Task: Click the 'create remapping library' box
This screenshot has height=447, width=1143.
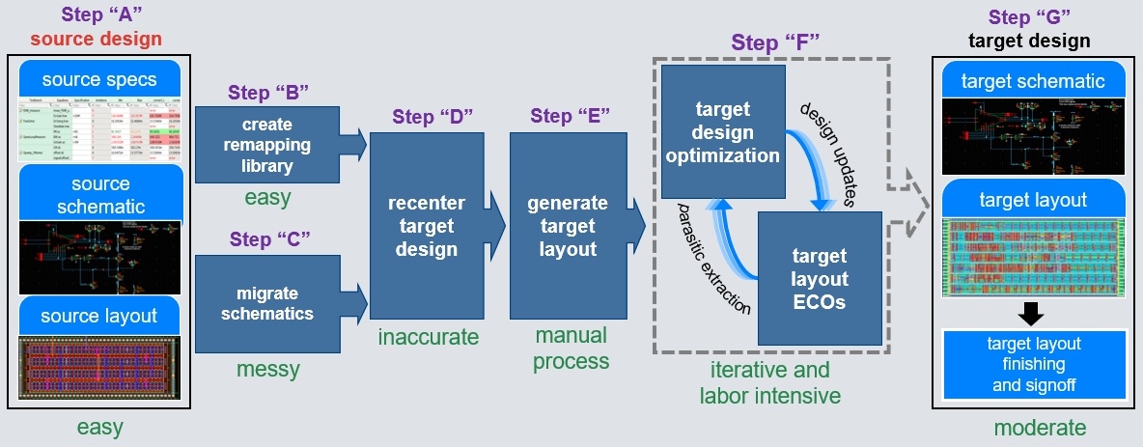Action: [x=267, y=144]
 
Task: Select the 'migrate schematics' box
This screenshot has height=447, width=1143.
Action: [x=267, y=302]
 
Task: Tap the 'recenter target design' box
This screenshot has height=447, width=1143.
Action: [x=426, y=226]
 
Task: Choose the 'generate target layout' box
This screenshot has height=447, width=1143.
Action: [x=567, y=226]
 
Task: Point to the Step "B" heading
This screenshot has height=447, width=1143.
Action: [x=267, y=93]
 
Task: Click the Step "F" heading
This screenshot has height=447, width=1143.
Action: [x=770, y=42]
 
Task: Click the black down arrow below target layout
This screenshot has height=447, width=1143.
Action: [x=1032, y=312]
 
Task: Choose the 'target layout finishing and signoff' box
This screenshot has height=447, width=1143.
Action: [x=1033, y=366]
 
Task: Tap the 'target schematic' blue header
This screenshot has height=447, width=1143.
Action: [x=1033, y=81]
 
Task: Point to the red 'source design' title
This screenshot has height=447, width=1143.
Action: [x=96, y=40]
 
